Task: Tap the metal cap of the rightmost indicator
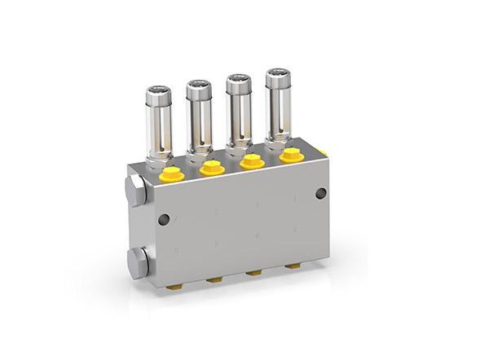tap(278, 81)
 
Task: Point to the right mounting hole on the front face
tap(320, 193)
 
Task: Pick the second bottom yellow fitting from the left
tap(216, 279)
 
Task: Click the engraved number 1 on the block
tap(295, 198)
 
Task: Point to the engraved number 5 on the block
tap(216, 213)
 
